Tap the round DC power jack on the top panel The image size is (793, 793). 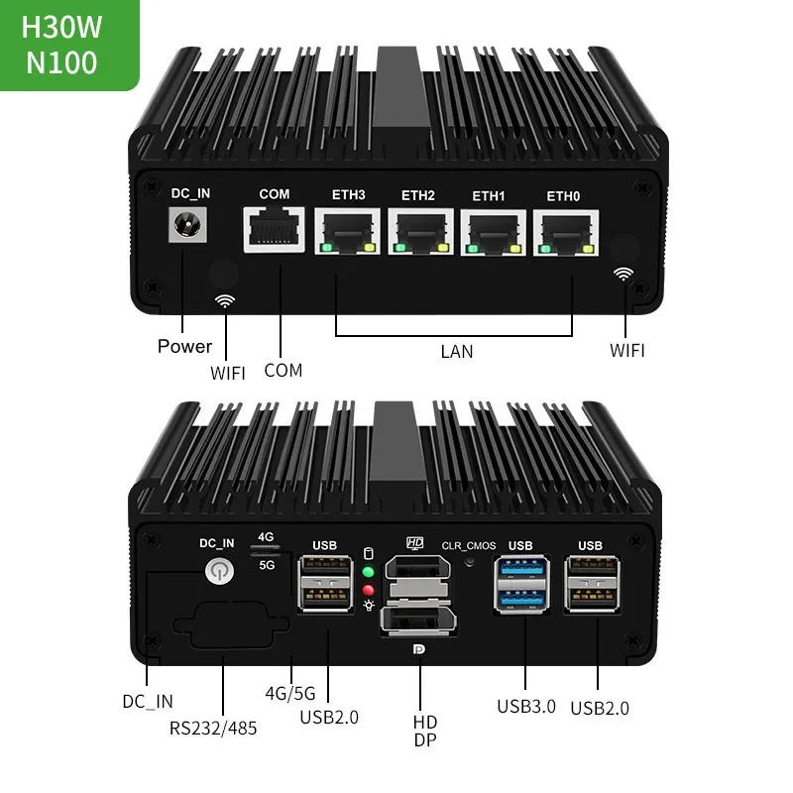point(183,229)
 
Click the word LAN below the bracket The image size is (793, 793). point(456,351)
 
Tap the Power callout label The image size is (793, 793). point(184,346)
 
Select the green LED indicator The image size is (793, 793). point(369,573)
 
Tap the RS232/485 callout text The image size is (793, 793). point(213,728)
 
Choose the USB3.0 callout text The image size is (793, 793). point(526,706)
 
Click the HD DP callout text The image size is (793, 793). point(424,731)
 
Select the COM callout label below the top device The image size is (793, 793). point(283,370)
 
